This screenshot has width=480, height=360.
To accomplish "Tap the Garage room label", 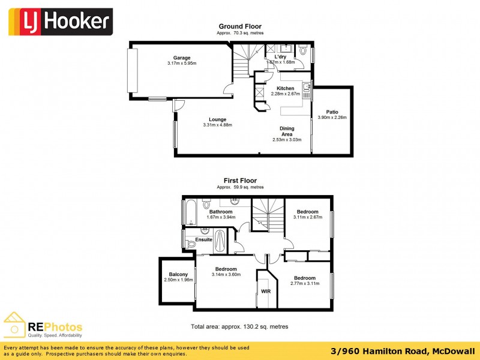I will click(x=182, y=58).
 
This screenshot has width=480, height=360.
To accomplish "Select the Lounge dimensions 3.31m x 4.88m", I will click(x=217, y=125).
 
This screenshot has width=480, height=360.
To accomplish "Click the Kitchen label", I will click(x=285, y=88).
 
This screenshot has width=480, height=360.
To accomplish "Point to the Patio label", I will click(x=332, y=112).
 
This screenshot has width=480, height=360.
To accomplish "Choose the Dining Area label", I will click(x=286, y=131).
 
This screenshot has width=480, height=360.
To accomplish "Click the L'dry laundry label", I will click(x=280, y=56).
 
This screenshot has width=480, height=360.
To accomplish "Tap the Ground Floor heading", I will click(x=239, y=26).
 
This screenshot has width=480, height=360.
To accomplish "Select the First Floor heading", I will click(x=240, y=181).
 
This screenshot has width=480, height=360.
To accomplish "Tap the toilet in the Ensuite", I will click(x=191, y=244).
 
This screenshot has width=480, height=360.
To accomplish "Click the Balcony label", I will click(x=178, y=274).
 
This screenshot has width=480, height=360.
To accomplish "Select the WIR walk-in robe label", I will click(x=266, y=292).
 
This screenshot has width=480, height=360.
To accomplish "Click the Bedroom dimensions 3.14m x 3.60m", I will click(x=226, y=275).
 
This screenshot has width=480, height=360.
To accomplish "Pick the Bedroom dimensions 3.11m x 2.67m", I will click(x=307, y=218).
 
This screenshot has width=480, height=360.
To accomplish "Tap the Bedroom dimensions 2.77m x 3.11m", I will click(x=305, y=284).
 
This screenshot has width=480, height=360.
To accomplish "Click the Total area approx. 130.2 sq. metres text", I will click(x=239, y=327).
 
